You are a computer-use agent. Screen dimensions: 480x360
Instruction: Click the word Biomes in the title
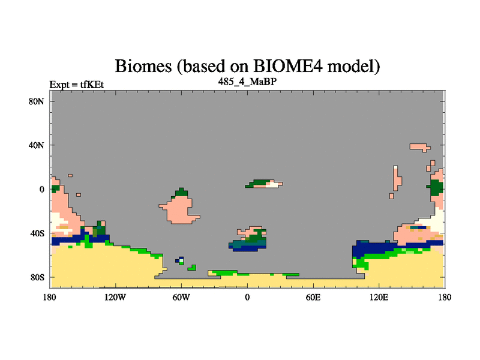tap(143, 66)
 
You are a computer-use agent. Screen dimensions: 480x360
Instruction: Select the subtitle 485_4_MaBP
tap(247, 82)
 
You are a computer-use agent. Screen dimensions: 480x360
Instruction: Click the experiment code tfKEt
tap(92, 85)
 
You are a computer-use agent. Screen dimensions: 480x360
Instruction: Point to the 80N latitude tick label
tap(36, 101)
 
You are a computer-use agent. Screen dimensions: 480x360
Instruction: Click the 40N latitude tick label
tap(36, 145)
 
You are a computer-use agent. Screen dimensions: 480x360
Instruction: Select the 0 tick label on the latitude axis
tap(41, 190)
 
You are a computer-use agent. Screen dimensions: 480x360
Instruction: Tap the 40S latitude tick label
tap(37, 233)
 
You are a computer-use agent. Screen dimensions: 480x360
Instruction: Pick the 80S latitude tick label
tap(37, 277)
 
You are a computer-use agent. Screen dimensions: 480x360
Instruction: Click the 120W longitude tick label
tap(115, 297)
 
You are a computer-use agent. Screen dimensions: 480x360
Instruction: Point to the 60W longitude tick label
tap(181, 297)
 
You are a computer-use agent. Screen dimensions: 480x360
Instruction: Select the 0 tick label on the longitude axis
tap(247, 297)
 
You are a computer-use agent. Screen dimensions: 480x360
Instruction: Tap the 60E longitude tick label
tap(313, 297)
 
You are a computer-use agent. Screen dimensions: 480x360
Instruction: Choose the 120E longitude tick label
tap(379, 297)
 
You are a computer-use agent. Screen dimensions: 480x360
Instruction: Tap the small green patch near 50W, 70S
tap(193, 268)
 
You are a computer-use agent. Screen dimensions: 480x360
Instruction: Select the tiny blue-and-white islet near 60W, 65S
tap(181, 261)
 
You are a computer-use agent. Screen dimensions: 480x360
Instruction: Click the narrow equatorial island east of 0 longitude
tap(264, 184)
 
